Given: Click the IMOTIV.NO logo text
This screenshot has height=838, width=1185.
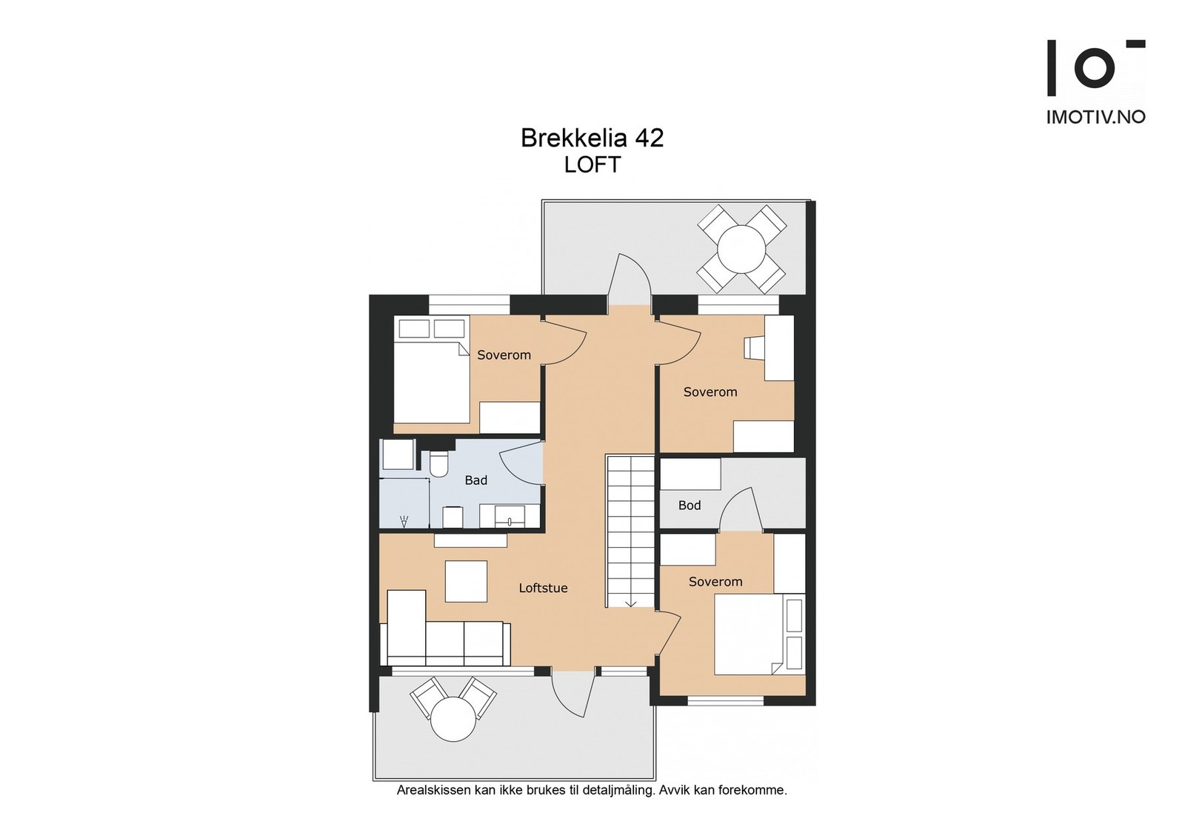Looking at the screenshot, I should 1095,117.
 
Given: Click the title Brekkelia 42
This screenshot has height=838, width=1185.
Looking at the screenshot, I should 592,138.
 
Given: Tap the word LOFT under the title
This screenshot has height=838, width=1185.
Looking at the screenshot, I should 592,164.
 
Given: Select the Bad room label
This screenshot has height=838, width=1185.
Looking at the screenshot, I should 475,480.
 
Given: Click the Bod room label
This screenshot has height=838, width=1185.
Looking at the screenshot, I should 689,506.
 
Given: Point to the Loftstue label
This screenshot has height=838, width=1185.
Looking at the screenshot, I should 543,588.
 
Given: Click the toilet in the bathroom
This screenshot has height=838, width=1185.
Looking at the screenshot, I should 439,463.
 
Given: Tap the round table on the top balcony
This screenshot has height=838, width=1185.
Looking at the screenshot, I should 741,249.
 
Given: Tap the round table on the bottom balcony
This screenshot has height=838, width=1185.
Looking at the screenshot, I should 453,720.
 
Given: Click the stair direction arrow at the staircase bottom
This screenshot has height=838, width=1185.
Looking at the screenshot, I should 631,603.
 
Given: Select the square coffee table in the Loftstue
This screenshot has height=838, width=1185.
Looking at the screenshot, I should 466,581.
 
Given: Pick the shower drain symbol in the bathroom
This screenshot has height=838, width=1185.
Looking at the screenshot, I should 404,520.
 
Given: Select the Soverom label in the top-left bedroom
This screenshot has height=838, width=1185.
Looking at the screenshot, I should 504,355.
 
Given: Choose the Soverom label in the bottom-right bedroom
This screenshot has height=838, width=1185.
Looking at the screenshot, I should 715,582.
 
